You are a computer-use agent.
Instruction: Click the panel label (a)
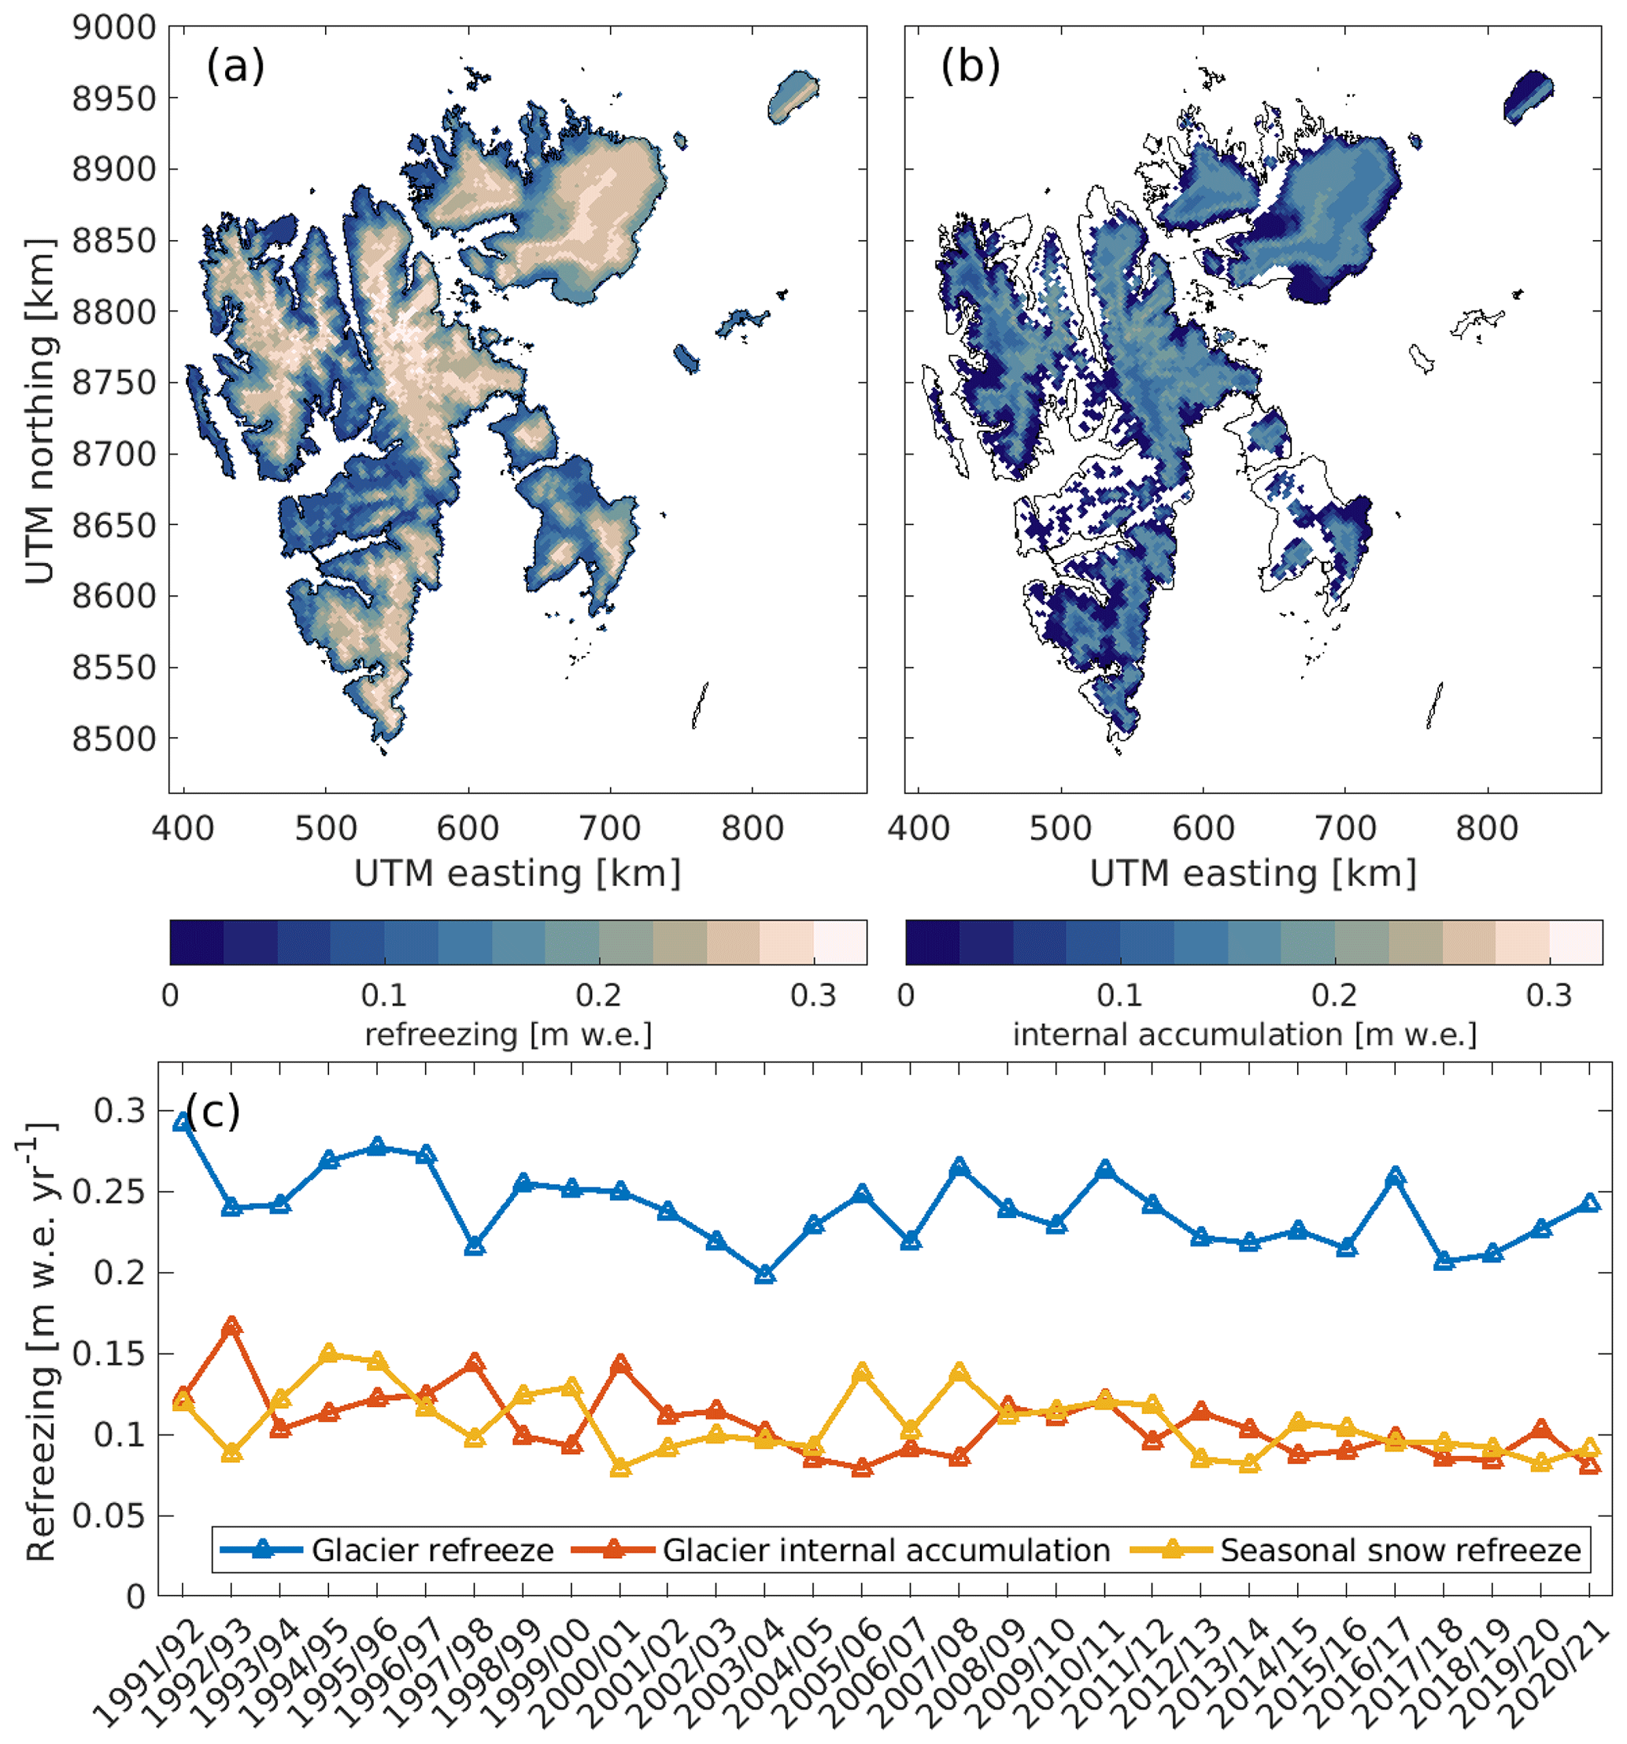coord(235,66)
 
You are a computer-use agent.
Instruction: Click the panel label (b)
coord(970,66)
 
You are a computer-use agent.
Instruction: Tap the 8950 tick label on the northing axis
coord(114,98)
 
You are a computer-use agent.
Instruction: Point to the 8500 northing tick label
coord(114,739)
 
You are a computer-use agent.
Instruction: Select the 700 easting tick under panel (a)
coord(611,828)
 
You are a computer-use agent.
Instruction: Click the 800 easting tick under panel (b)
coord(1487,828)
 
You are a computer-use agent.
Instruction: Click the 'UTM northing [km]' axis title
coord(39,410)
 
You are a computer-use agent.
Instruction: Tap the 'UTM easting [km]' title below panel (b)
coord(1252,874)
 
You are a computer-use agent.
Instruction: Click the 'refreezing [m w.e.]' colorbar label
coord(508,1035)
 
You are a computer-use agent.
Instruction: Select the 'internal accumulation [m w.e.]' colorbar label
coord(1244,1035)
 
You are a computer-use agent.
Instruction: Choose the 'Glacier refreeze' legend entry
coord(432,1551)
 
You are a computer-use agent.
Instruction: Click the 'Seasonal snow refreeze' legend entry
coord(1400,1551)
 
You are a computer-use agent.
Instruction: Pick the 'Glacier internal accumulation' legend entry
coord(886,1551)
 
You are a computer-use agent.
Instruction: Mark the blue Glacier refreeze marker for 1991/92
coord(183,1122)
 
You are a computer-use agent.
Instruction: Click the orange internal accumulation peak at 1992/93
coord(231,1327)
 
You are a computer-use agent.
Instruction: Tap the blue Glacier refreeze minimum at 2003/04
coord(765,1275)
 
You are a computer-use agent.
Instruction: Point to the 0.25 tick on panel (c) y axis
coord(109,1191)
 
